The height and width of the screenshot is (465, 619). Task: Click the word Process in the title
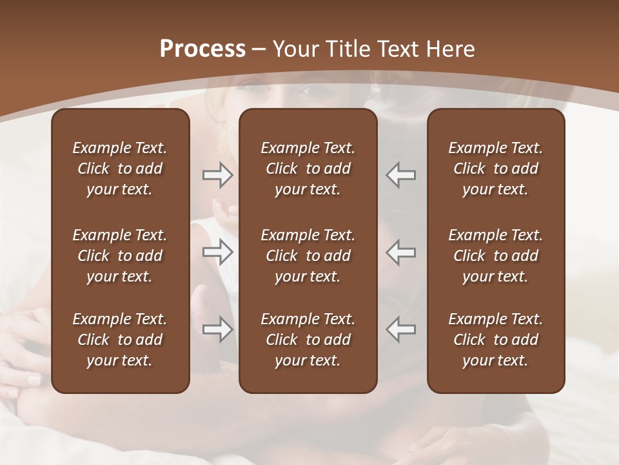point(202,49)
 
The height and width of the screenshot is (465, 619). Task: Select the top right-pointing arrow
point(218,175)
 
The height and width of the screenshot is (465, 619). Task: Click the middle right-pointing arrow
point(218,252)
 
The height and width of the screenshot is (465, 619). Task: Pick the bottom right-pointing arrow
point(218,329)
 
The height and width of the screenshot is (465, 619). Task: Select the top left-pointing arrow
point(401,175)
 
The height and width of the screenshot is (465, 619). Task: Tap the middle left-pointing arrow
point(401,252)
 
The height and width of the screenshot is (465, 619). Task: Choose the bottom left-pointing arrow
point(401,329)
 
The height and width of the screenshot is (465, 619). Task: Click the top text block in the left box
point(120,169)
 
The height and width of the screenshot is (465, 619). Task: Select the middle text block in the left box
point(120,256)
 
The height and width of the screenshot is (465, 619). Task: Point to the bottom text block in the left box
point(120,340)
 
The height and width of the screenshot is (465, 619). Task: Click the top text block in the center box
point(308,169)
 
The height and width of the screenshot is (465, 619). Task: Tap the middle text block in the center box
point(308,256)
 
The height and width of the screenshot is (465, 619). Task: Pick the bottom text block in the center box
point(308,340)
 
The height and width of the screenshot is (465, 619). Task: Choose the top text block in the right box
point(495,169)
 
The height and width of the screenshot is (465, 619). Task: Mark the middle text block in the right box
point(495,256)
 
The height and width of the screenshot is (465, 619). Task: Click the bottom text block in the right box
point(495,340)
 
